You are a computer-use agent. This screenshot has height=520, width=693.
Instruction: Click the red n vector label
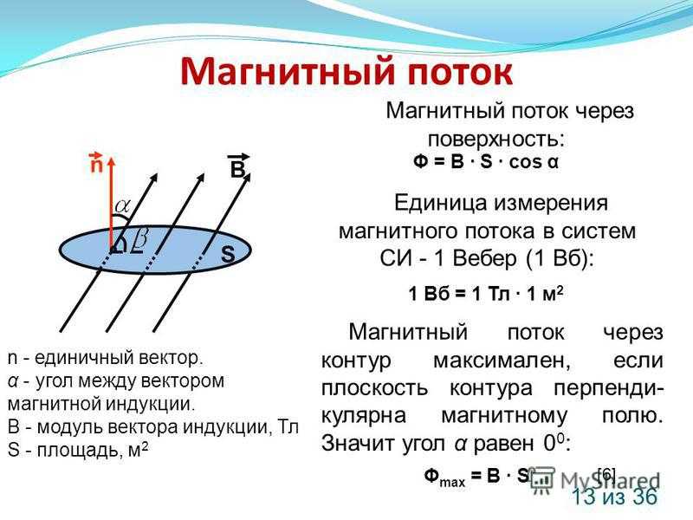pos(96,162)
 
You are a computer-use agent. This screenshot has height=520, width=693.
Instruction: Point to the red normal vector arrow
pos(111,205)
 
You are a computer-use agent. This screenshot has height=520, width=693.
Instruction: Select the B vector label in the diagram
pos(238,166)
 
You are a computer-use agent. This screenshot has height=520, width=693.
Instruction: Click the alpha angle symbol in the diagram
pos(123,205)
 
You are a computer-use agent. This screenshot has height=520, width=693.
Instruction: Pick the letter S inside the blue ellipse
pos(228,254)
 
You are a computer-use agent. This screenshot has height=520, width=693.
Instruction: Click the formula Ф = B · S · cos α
pos(486,162)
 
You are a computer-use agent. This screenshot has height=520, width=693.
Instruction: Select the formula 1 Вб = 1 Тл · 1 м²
pos(486,293)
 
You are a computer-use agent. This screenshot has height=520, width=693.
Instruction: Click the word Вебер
pos(484,258)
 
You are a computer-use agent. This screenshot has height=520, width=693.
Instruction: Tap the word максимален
pos(502,361)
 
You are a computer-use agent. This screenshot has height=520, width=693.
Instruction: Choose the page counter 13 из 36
pos(615,497)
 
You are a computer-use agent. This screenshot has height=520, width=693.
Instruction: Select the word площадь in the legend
pos(80,450)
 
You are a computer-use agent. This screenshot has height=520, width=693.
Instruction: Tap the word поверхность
pos(496,140)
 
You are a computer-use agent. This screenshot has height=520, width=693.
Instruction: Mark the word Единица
pos(441,204)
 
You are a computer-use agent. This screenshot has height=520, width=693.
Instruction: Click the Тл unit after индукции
pos(289,427)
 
